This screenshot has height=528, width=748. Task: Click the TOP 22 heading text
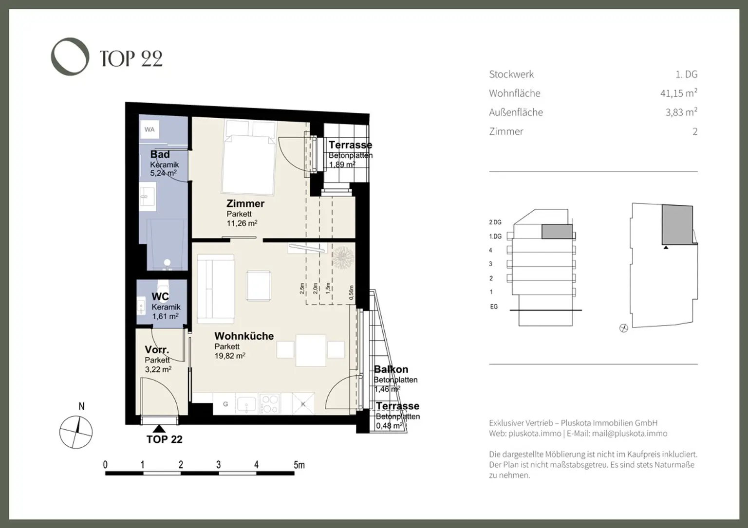(x=131, y=59)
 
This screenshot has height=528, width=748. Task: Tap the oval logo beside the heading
(x=70, y=56)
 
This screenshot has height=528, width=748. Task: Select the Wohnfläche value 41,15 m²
(x=678, y=93)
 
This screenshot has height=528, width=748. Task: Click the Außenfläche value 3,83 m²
(x=681, y=112)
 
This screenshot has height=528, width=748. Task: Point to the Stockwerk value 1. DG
(x=686, y=74)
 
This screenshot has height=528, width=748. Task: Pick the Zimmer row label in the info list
(x=506, y=131)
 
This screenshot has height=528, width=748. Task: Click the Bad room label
(x=160, y=154)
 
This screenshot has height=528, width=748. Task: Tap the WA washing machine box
(x=150, y=129)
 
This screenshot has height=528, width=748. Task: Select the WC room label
(x=160, y=297)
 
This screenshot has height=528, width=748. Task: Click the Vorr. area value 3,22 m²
(x=158, y=369)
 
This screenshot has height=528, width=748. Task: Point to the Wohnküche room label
(x=244, y=336)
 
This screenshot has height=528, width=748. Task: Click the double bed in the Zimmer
(x=248, y=163)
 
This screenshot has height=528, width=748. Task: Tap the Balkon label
(x=391, y=369)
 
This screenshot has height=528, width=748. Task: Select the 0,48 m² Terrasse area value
(x=389, y=426)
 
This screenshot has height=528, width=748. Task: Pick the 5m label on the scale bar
(x=299, y=465)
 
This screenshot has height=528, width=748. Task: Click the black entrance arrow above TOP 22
(x=159, y=429)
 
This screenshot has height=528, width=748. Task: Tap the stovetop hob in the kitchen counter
(x=270, y=404)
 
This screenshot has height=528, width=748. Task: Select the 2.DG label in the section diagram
(x=495, y=222)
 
